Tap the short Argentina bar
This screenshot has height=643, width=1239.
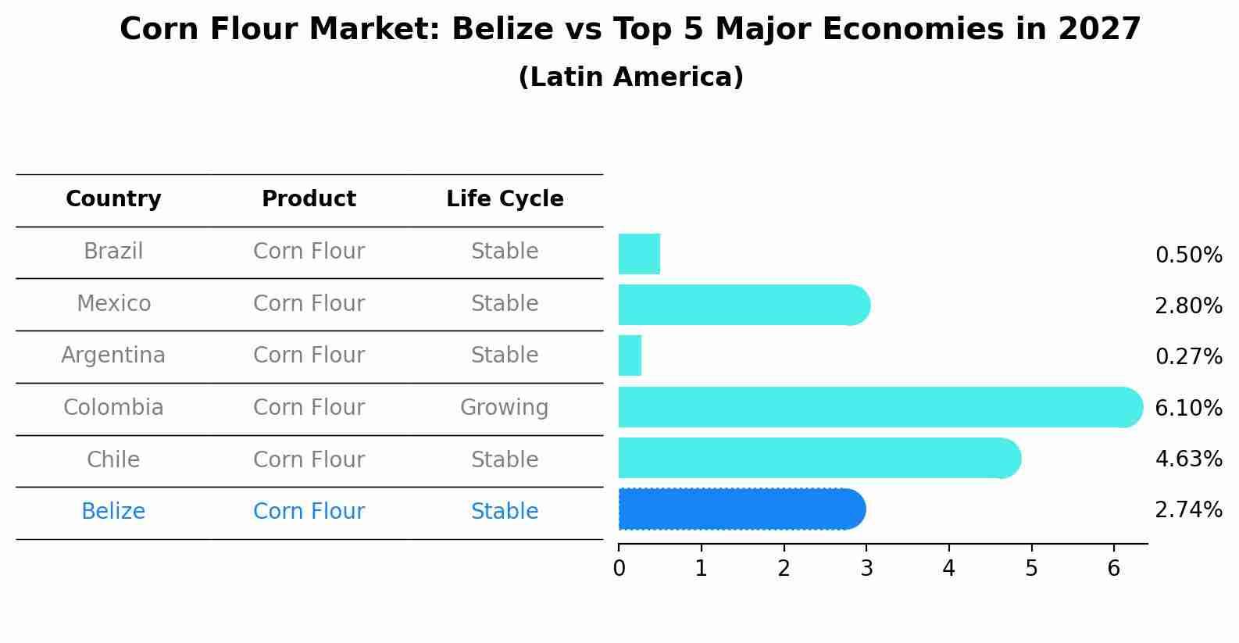click(630, 355)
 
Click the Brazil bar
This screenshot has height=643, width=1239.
click(639, 254)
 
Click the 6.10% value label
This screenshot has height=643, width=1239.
click(1188, 408)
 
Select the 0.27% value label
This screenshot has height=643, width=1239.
click(1188, 357)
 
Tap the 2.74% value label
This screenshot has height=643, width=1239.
click(1188, 510)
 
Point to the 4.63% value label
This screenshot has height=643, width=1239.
click(1188, 459)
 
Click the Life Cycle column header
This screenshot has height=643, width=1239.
click(505, 199)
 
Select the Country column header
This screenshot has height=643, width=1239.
click(113, 199)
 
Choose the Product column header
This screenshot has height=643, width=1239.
click(309, 199)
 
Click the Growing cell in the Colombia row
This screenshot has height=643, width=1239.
click(505, 408)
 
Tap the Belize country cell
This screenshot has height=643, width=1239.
click(113, 512)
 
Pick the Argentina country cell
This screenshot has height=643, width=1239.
click(113, 355)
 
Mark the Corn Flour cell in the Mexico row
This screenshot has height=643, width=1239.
click(309, 304)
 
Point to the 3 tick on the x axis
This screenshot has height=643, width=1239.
click(866, 568)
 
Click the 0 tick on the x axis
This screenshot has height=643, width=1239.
click(619, 568)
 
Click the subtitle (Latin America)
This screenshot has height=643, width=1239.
click(630, 77)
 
